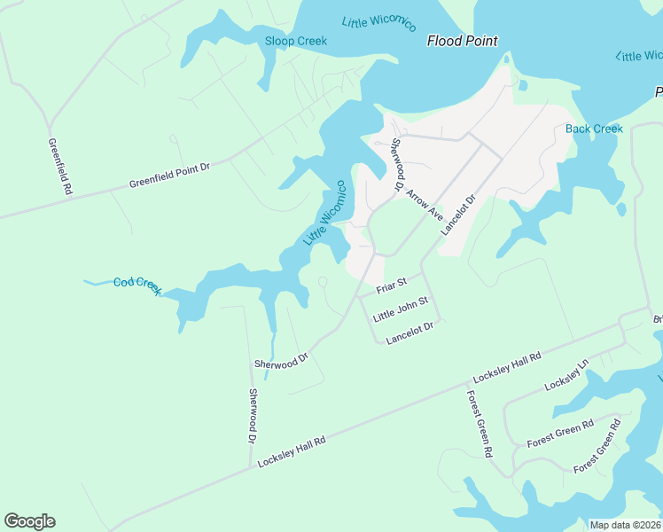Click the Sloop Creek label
tap(296, 41)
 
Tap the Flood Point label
tap(462, 41)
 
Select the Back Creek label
tap(594, 129)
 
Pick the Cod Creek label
tap(137, 286)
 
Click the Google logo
tap(29, 521)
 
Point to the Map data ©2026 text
tap(625, 525)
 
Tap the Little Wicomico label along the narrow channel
tap(324, 214)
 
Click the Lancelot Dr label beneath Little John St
tap(409, 332)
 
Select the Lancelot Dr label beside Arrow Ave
tap(458, 214)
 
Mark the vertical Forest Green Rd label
tap(478, 423)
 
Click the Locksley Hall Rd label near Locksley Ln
tap(507, 367)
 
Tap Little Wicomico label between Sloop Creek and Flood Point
tap(378, 23)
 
